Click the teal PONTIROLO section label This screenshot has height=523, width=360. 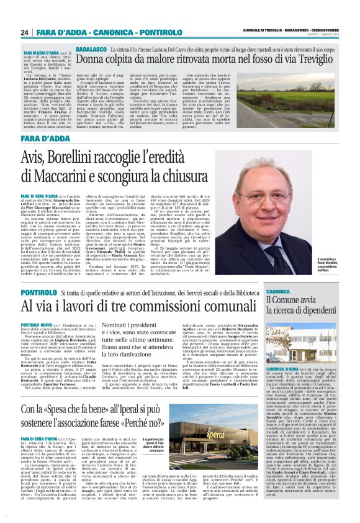click(40, 291)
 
